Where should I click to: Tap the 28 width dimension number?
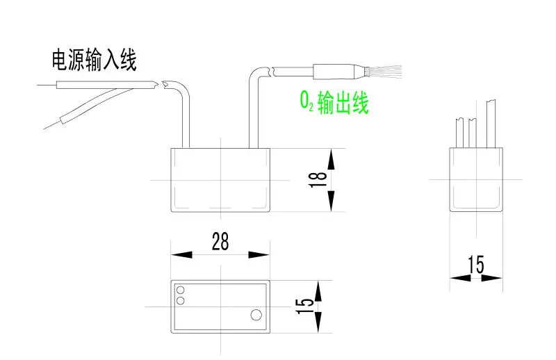point(220,241)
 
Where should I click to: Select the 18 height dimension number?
point(319,180)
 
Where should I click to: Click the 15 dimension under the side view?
point(476,265)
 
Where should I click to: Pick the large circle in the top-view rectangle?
point(255,316)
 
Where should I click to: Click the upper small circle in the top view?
point(181,290)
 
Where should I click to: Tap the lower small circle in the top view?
point(181,300)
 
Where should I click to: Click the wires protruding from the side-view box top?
point(475,125)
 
